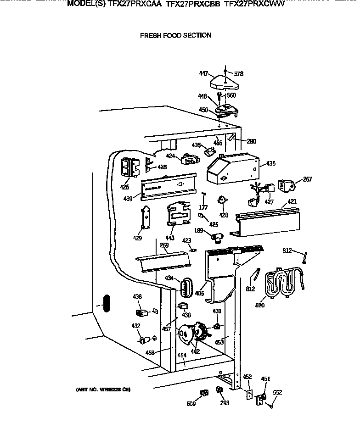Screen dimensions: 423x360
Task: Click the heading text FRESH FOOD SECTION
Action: (175, 35)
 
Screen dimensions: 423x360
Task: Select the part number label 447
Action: (204, 73)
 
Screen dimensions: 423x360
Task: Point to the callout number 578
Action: (239, 74)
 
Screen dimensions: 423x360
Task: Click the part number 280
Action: (251, 141)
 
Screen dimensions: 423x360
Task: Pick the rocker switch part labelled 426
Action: (129, 167)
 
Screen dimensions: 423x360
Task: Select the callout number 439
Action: (128, 199)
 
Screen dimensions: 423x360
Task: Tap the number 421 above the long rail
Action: (292, 202)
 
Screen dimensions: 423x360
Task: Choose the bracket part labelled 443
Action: (177, 213)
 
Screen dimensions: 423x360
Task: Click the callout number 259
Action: (164, 245)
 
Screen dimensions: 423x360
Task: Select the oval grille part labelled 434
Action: (184, 288)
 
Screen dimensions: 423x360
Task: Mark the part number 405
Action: (200, 293)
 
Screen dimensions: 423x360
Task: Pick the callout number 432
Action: (136, 326)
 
